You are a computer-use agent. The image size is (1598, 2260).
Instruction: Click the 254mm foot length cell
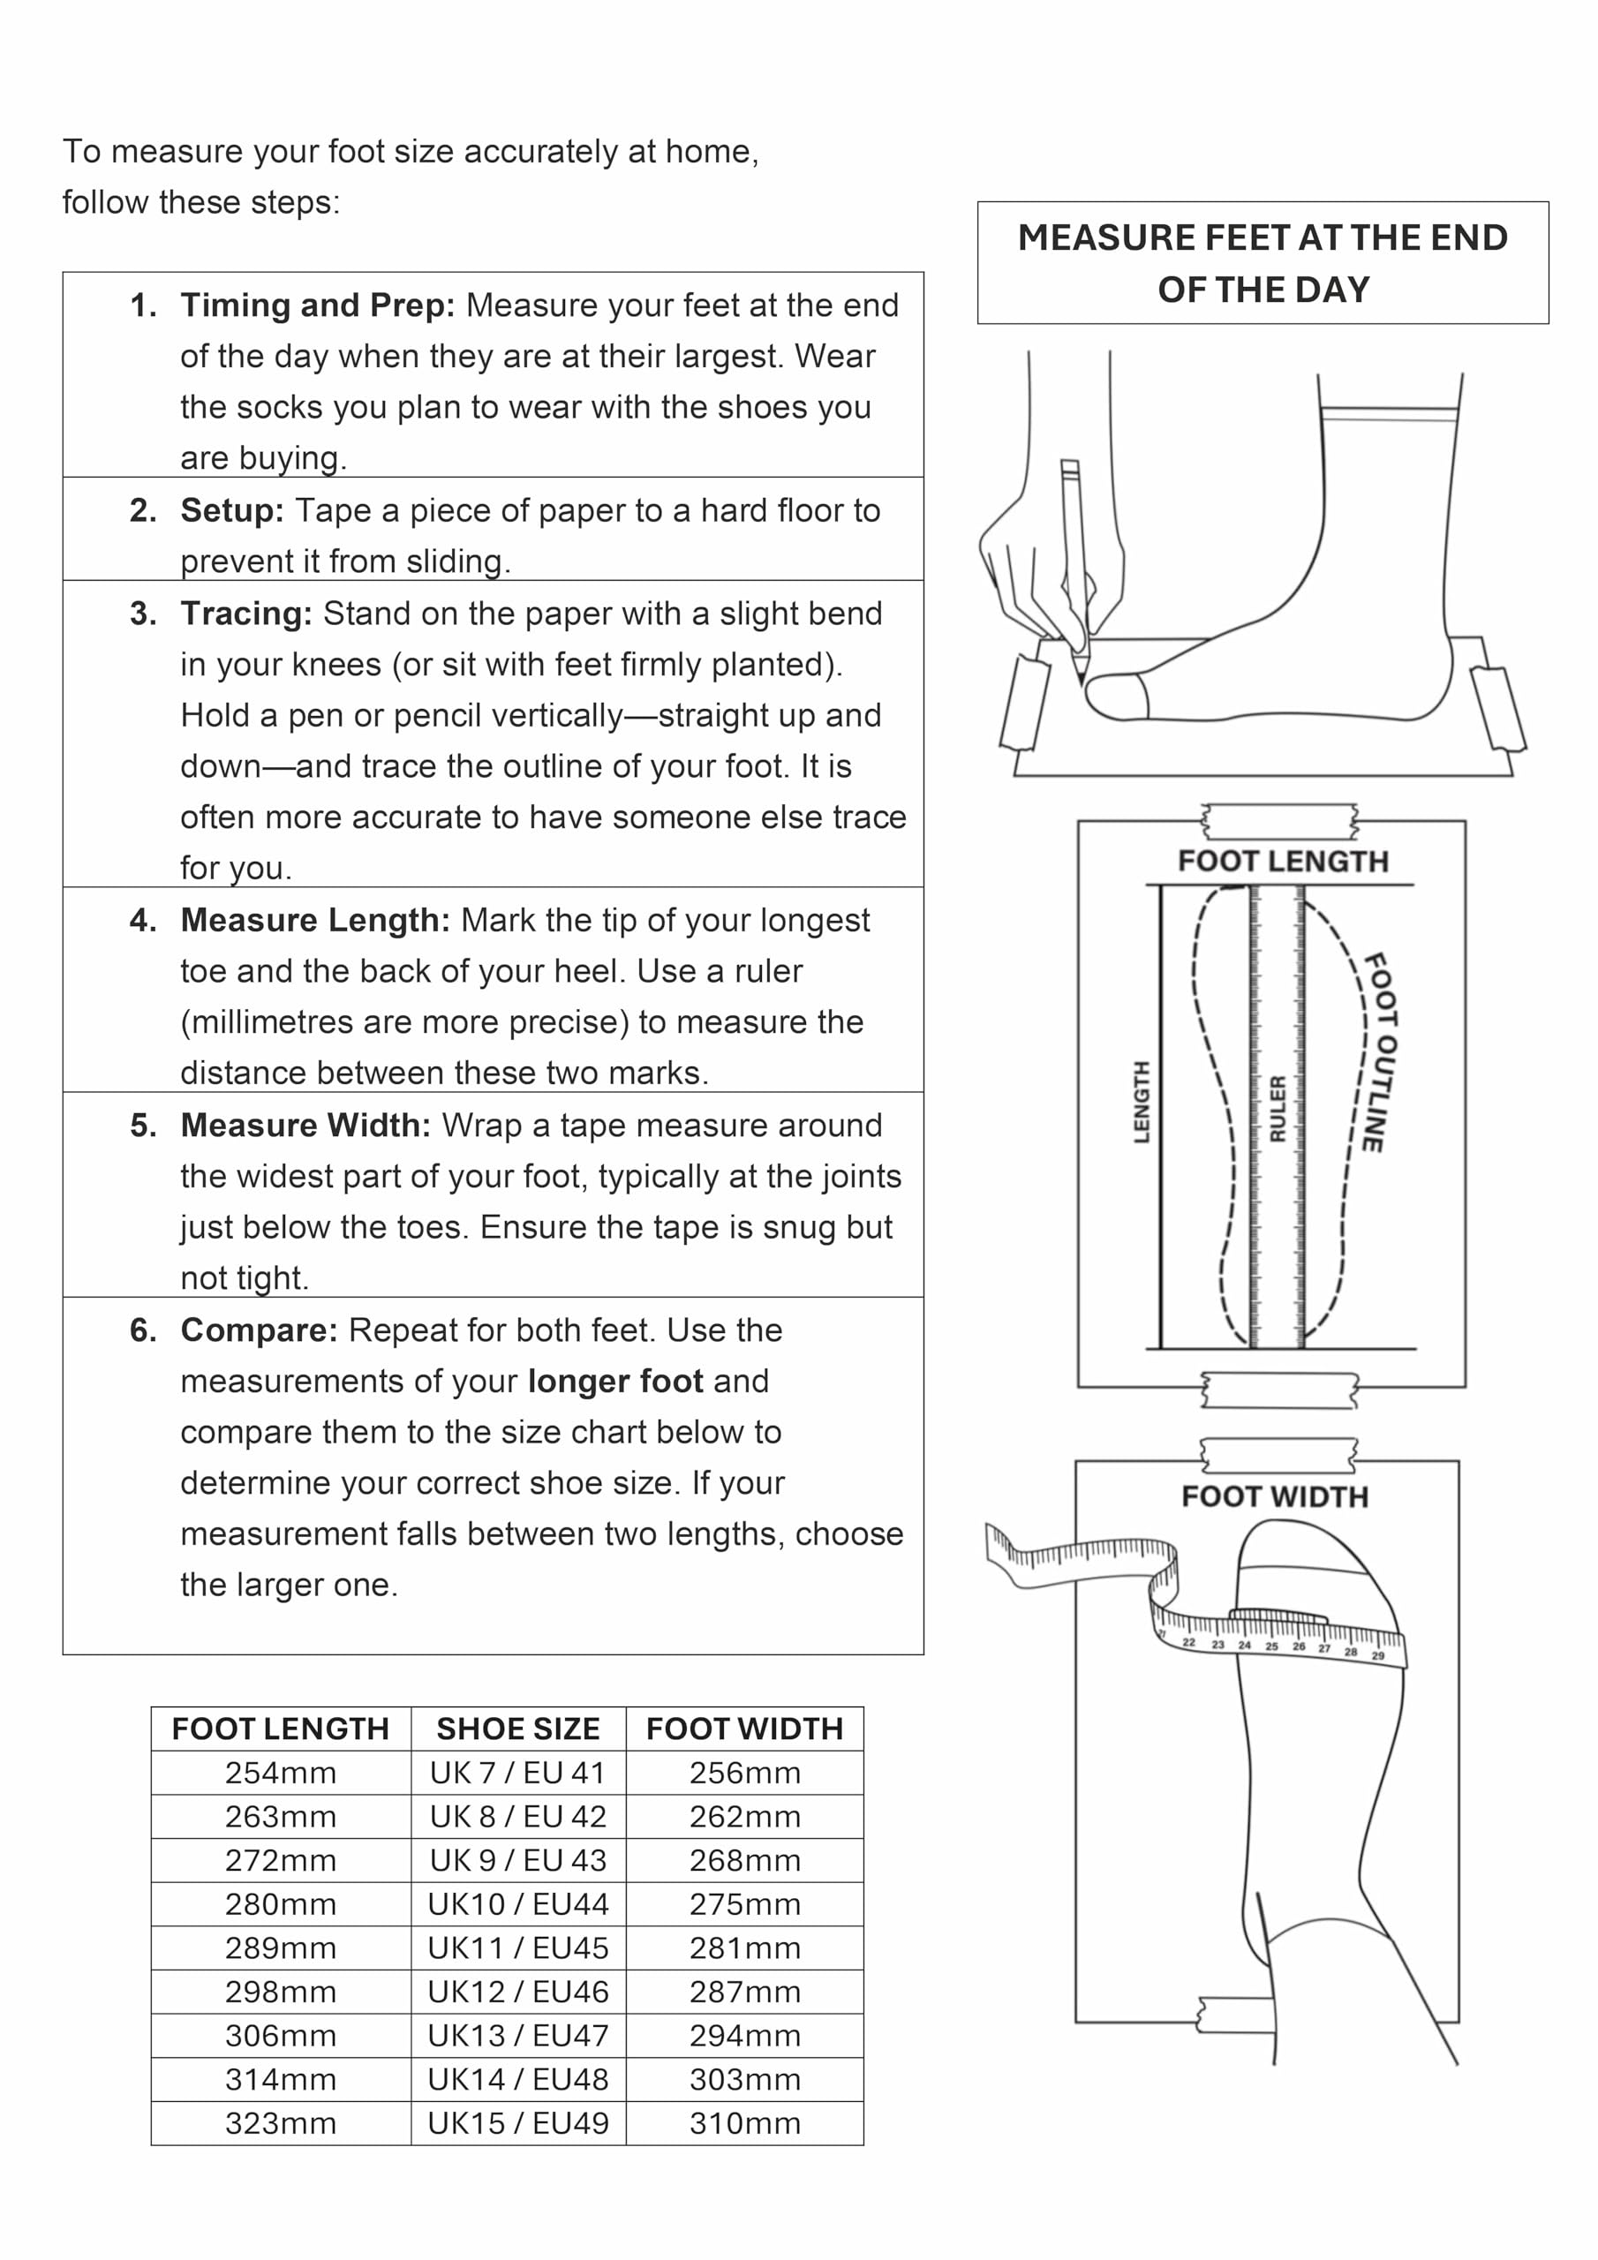[281, 1773]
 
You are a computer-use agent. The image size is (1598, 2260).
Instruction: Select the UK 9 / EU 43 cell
[518, 1860]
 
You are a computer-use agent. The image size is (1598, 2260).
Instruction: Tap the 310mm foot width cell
[745, 2123]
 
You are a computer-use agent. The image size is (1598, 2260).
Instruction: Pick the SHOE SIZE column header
[518, 1729]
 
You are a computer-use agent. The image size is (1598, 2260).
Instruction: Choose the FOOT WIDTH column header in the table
[745, 1729]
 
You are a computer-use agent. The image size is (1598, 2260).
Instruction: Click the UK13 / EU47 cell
[518, 2036]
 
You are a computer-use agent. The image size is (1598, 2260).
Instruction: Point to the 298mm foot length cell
[281, 1992]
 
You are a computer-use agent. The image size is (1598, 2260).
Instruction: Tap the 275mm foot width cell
[745, 1903]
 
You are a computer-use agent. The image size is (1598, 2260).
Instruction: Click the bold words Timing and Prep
[318, 306]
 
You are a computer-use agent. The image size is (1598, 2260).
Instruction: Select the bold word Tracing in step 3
[246, 614]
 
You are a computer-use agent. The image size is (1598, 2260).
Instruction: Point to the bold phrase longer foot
[615, 1381]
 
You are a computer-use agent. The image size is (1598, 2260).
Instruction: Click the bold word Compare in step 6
[259, 1330]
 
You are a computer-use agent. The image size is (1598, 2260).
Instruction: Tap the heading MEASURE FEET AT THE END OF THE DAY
[1263, 263]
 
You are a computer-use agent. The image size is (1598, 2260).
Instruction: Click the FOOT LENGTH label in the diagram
[1283, 862]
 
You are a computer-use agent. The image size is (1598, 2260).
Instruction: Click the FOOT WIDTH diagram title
[1275, 1496]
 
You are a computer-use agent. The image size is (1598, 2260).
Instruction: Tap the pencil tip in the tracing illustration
[1082, 682]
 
